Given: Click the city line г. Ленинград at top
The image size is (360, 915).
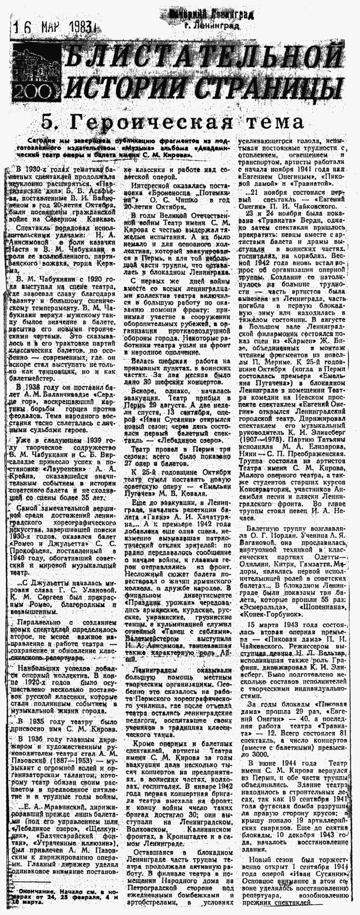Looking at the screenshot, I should [x=212, y=25].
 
